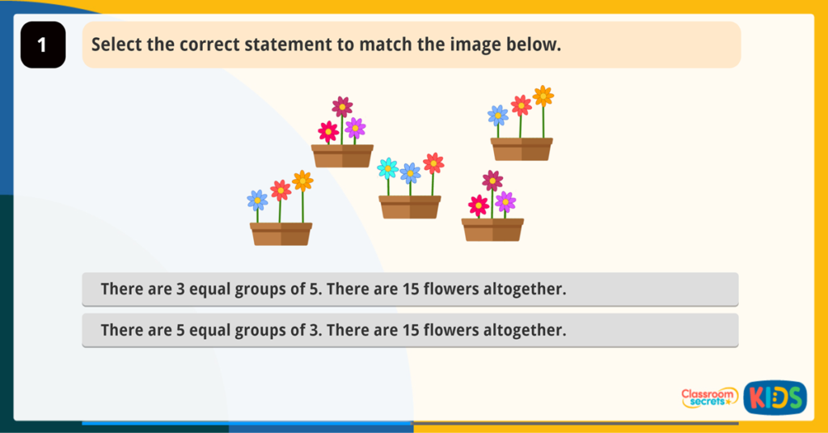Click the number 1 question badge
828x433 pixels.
point(42,45)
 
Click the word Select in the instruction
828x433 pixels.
point(116,45)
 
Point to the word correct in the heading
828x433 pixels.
point(179,45)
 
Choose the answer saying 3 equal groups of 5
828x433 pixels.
point(410,289)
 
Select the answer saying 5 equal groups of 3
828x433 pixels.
point(410,330)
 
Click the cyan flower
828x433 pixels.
point(387,168)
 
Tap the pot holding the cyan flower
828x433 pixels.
point(410,207)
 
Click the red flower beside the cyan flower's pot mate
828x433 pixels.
point(433,163)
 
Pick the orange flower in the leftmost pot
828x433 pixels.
point(302,180)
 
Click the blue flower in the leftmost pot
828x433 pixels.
point(257,199)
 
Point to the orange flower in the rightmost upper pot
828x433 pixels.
point(543,96)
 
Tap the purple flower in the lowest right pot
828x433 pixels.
point(505,201)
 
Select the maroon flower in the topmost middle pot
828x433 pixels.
point(342,107)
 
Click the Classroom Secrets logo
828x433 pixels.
point(709,397)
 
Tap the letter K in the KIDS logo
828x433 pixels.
point(757,397)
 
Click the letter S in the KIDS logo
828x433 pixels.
point(793,397)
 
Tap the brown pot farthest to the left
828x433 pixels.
point(281,234)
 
